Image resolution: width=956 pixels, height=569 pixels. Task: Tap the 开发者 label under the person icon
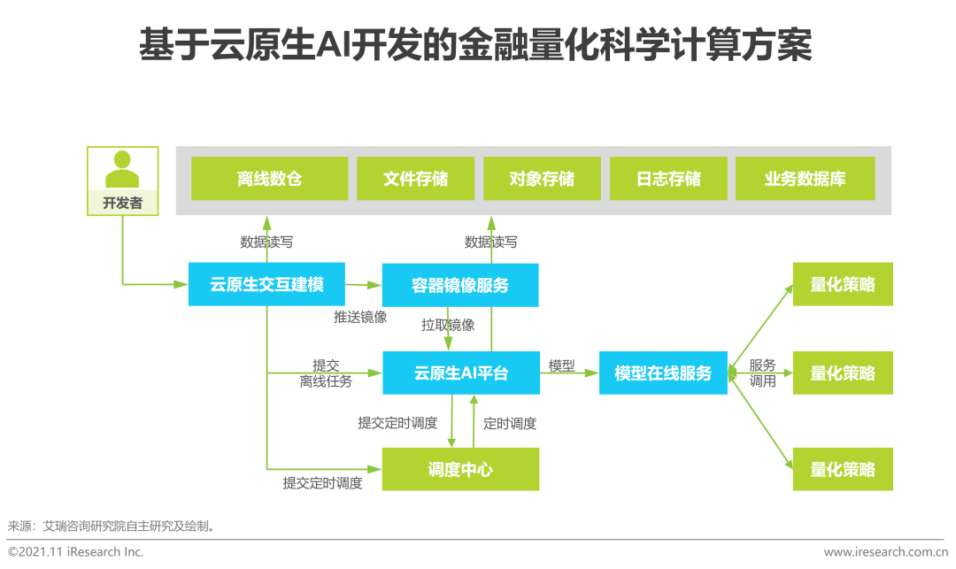pos(122,203)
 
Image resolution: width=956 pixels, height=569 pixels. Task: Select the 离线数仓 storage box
pos(269,179)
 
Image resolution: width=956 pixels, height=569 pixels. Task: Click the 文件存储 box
pos(415,179)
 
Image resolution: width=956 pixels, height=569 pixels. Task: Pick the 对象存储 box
pos(542,179)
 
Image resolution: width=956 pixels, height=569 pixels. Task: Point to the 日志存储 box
pos(668,179)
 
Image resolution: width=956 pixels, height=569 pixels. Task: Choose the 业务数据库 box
pos(805,179)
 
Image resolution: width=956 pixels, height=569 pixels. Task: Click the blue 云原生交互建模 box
pos(266,285)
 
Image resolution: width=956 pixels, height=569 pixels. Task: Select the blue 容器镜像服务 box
pos(460,285)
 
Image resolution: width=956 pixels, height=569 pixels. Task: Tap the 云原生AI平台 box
pos(460,373)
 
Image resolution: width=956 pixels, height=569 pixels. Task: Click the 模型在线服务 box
pos(663,373)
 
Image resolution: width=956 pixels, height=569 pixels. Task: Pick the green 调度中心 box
pos(460,469)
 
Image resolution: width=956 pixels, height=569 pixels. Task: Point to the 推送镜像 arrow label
pos(360,317)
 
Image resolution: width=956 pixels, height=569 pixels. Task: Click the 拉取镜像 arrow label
pos(448,325)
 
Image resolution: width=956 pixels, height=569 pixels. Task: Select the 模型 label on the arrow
pos(561,365)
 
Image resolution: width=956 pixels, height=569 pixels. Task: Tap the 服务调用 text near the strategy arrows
pos(762,373)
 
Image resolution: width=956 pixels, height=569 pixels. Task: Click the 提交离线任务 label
pos(326,373)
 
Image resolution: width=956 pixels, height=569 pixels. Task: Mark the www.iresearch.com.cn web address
pos(885,551)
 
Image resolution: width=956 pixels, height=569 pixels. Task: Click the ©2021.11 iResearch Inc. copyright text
pos(75,551)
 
